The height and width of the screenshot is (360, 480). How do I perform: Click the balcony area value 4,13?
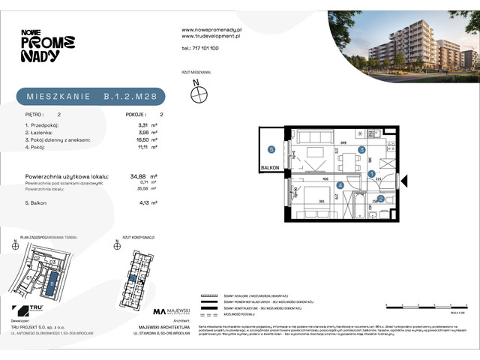tap(138, 202)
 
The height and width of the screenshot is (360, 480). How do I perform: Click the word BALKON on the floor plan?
tap(270, 168)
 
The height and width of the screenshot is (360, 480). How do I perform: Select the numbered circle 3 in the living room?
tap(361, 150)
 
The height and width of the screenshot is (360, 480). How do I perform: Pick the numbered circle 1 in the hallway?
tap(373, 174)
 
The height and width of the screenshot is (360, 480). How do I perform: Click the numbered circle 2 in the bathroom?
tap(381, 199)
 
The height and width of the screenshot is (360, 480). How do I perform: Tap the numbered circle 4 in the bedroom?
tap(340, 185)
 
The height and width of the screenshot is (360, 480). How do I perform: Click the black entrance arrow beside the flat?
tap(404, 181)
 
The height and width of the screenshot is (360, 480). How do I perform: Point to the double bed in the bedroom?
tap(314, 202)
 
